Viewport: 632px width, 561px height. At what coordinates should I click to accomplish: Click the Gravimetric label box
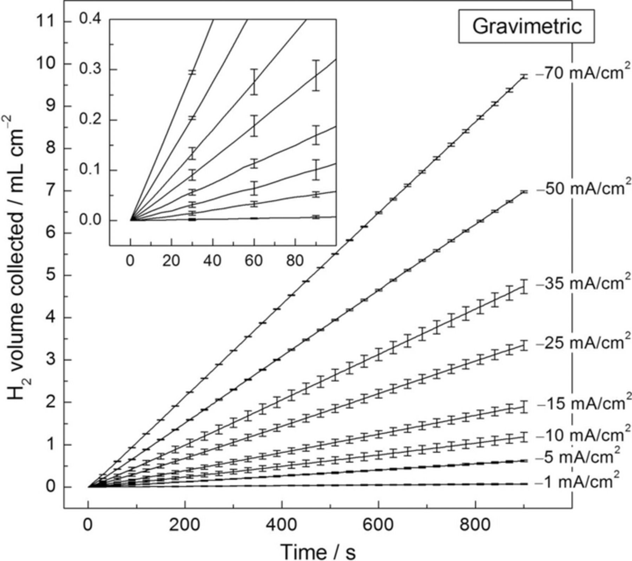[526, 26]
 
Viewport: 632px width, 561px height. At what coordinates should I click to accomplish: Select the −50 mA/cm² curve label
[581, 189]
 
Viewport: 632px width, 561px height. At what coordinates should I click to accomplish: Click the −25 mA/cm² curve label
[581, 343]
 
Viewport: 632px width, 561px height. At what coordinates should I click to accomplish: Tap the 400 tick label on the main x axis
[282, 525]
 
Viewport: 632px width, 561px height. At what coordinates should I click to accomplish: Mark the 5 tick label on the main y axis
[51, 276]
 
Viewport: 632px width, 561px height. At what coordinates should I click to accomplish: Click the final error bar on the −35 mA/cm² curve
[524, 287]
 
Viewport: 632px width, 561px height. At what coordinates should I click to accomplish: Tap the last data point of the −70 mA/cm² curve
[524, 76]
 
